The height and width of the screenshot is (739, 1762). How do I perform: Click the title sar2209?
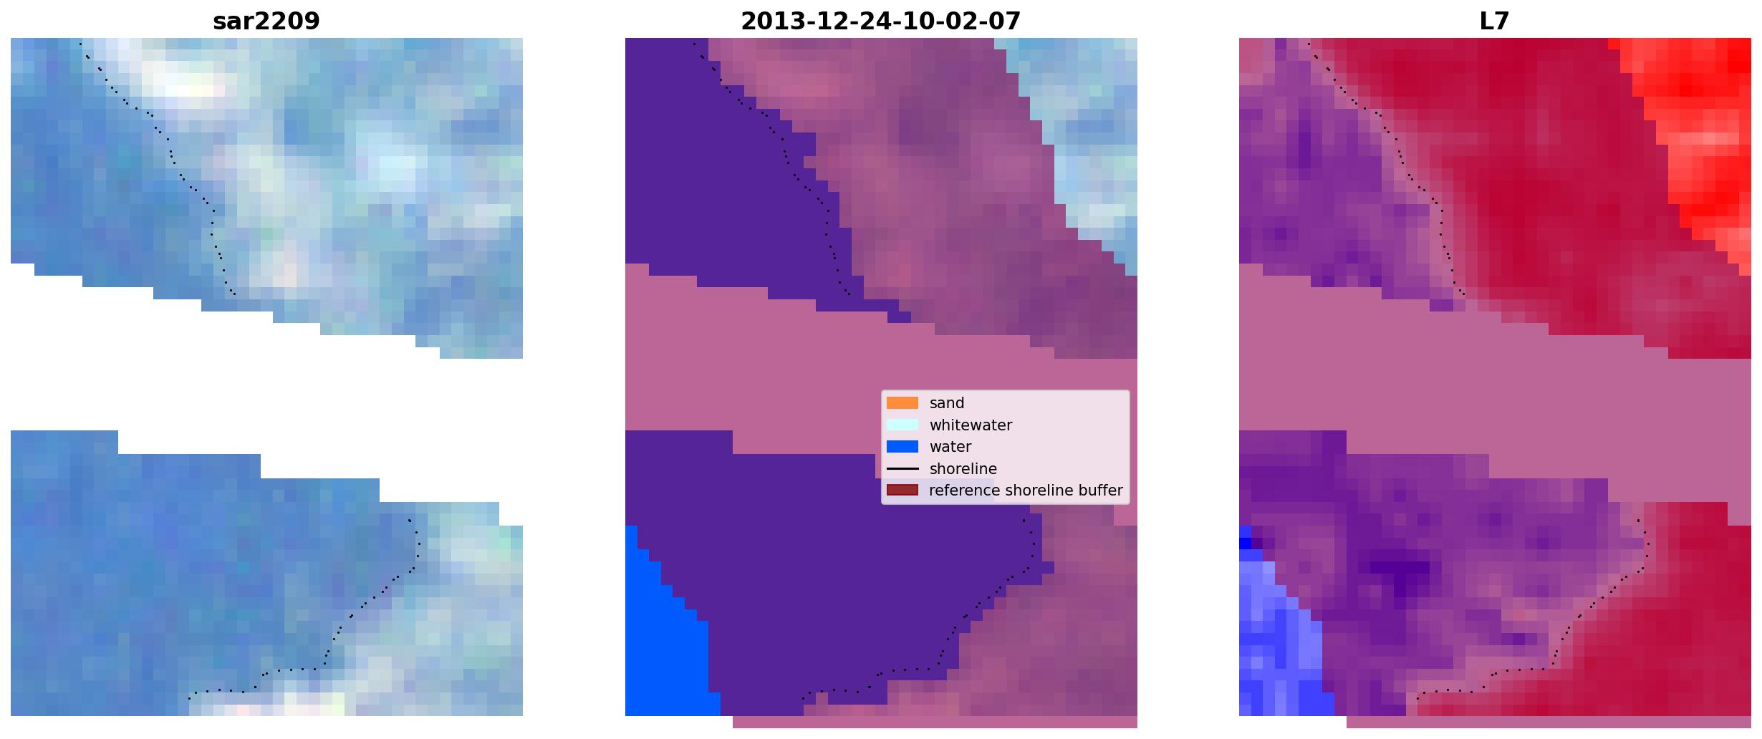click(x=266, y=21)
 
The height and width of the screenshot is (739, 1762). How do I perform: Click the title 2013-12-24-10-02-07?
click(x=881, y=21)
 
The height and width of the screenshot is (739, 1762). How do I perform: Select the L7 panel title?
click(x=1495, y=21)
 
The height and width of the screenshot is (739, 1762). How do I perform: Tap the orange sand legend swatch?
click(x=902, y=403)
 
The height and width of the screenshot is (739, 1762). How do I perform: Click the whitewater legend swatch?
click(x=902, y=425)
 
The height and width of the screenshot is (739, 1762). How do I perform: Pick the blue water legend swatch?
click(x=902, y=447)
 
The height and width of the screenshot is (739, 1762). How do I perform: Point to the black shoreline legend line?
click(x=902, y=469)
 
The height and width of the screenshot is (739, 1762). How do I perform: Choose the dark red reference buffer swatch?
click(x=902, y=491)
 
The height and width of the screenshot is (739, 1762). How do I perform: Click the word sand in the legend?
click(x=947, y=403)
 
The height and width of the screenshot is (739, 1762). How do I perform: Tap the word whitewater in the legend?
click(x=971, y=425)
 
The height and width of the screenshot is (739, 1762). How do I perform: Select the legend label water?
click(x=950, y=447)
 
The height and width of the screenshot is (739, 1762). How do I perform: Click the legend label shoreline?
click(x=963, y=469)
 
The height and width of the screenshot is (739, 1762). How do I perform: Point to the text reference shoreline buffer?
click(x=1026, y=491)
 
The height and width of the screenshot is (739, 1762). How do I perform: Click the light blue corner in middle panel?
click(x=1082, y=129)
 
